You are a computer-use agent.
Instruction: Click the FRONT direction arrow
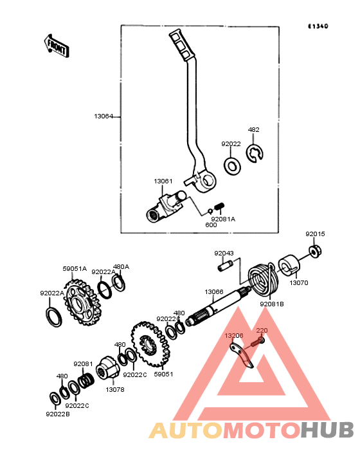(56, 46)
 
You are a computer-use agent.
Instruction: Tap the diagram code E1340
(318, 26)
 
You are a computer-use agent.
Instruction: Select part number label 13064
(104, 116)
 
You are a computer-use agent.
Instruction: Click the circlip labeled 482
(255, 154)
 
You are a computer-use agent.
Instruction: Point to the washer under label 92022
(232, 165)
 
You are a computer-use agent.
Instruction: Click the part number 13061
(163, 181)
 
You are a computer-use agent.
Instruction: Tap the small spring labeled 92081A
(220, 207)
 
